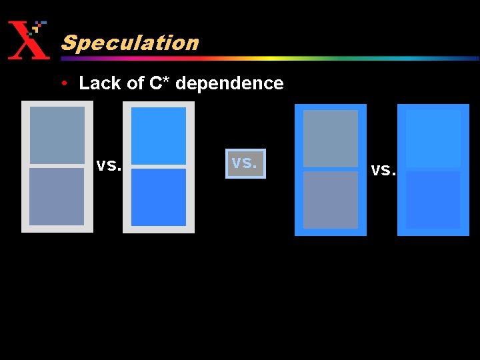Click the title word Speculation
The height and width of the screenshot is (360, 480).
click(x=130, y=43)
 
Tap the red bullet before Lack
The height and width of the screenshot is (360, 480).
click(x=63, y=83)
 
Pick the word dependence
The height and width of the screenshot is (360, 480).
click(x=229, y=83)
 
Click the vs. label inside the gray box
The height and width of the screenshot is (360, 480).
click(x=245, y=163)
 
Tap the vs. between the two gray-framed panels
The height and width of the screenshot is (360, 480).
click(x=109, y=165)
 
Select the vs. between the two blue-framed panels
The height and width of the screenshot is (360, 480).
click(x=383, y=170)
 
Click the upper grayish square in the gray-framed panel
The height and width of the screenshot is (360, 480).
click(x=57, y=135)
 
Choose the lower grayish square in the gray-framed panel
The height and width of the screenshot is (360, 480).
click(x=57, y=197)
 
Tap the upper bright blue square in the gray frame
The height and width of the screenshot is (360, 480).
click(x=159, y=135)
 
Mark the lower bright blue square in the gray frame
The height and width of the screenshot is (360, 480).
click(x=159, y=197)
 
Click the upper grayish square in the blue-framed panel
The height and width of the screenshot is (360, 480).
click(x=331, y=139)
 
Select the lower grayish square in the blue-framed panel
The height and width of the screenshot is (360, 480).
click(x=331, y=200)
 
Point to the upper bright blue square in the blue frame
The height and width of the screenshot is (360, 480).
click(x=433, y=139)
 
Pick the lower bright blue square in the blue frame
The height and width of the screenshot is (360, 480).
click(x=433, y=200)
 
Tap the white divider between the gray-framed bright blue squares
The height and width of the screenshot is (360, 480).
click(x=159, y=166)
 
